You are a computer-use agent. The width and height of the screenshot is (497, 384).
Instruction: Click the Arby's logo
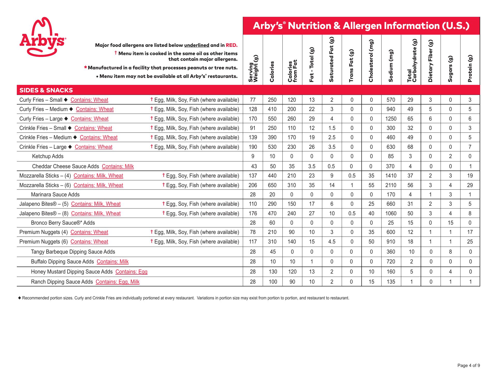click(42, 37)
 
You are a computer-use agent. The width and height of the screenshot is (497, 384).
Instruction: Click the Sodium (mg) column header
click(391, 66)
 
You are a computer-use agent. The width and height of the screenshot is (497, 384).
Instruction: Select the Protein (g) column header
click(470, 68)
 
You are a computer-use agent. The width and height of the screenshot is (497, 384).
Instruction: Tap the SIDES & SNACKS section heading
click(46, 90)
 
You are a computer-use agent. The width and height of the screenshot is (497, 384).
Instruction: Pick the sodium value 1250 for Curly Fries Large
click(391, 119)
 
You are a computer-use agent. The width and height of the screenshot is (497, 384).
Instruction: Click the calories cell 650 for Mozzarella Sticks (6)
click(272, 185)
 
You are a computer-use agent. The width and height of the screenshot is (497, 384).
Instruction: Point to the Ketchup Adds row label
click(48, 156)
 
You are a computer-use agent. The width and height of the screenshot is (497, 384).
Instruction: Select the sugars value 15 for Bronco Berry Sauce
click(450, 223)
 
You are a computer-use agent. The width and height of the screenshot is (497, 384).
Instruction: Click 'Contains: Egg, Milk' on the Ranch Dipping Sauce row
click(118, 282)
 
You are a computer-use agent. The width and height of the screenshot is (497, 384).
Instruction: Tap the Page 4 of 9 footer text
click(469, 366)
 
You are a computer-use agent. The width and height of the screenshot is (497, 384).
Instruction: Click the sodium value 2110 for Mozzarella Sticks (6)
click(391, 185)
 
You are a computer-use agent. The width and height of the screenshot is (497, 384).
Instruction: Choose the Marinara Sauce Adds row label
click(55, 195)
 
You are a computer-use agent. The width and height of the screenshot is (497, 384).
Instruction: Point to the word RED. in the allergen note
click(231, 45)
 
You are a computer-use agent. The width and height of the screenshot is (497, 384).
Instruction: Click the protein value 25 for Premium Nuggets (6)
click(470, 242)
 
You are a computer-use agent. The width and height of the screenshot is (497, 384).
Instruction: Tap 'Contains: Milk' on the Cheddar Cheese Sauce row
click(118, 166)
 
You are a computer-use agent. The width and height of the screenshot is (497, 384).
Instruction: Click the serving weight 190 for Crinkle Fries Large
click(253, 147)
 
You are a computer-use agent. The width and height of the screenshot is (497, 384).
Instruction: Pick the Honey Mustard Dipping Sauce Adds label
click(72, 272)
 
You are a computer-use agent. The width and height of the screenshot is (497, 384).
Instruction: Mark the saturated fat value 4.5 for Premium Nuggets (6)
click(332, 242)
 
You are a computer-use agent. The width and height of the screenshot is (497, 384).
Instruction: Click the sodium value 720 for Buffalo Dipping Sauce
click(391, 262)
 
